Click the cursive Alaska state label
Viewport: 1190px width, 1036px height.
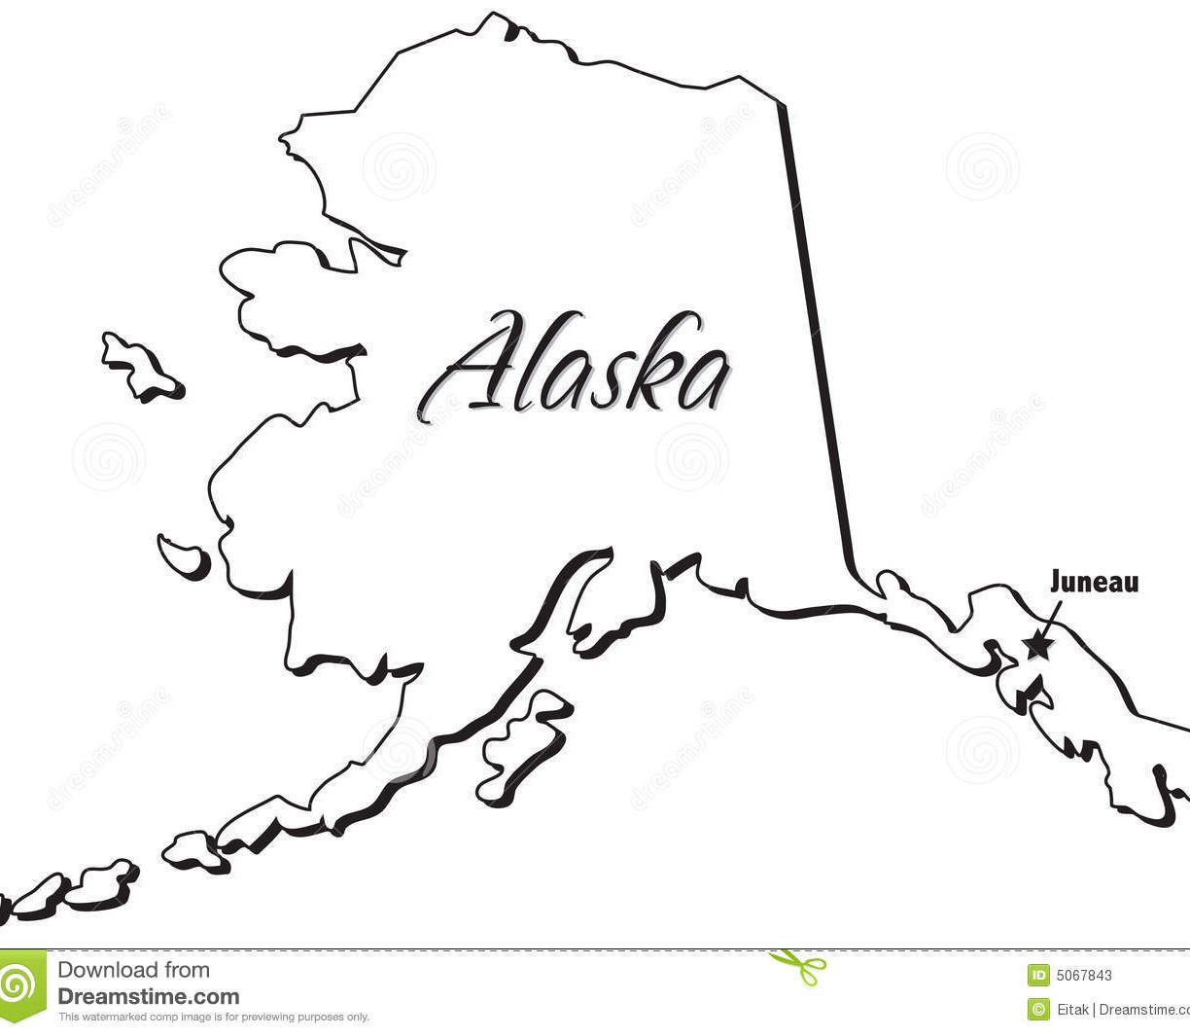point(577,366)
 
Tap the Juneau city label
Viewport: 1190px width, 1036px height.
point(1094,583)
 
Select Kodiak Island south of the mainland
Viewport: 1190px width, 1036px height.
point(520,744)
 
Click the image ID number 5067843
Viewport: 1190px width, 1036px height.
point(1082,976)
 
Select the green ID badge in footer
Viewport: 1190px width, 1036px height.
point(1038,976)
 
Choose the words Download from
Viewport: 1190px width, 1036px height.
point(133,970)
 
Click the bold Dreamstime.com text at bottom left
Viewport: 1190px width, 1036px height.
point(149,996)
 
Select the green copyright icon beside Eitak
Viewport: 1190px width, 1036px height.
point(1038,1009)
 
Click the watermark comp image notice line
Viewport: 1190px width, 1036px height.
point(214,1018)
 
